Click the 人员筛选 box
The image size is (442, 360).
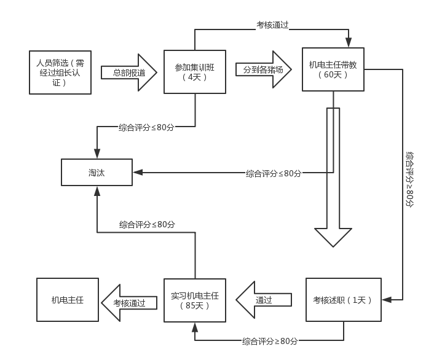(x=60, y=72)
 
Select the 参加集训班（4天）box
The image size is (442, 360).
(x=195, y=72)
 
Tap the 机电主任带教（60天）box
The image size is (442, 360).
(x=333, y=69)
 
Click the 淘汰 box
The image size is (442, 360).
(x=97, y=173)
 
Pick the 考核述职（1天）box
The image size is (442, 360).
(x=344, y=300)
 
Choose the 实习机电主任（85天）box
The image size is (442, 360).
(x=195, y=300)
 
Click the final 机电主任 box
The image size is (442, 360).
(x=68, y=300)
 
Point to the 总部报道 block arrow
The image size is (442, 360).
(x=129, y=72)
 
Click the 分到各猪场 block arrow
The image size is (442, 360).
(x=264, y=69)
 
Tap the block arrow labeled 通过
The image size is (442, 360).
(x=264, y=300)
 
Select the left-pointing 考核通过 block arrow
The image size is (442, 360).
(x=129, y=303)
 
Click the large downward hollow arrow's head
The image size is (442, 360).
(x=333, y=237)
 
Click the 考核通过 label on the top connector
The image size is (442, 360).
(x=272, y=25)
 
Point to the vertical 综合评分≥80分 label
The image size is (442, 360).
(x=409, y=179)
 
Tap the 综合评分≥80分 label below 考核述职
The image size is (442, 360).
(x=270, y=341)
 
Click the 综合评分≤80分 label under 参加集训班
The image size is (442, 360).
(x=146, y=127)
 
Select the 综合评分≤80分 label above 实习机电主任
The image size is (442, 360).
(x=147, y=224)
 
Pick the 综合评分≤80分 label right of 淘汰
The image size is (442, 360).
(x=274, y=173)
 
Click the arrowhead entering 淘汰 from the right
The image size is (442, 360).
(x=138, y=173)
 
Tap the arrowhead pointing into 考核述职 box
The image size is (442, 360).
(x=387, y=300)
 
